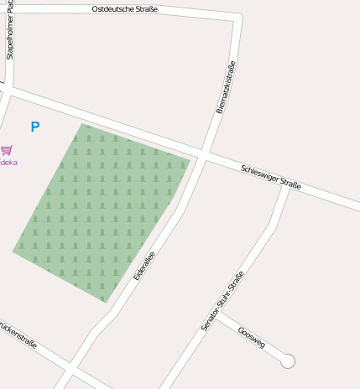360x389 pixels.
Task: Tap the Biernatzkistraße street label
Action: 225,87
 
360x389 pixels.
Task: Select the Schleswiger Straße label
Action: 270,177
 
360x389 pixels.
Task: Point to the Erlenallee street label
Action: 144,266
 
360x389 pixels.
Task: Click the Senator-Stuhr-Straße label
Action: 223,300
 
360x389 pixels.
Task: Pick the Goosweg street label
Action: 251,336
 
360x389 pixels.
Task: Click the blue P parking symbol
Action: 35,127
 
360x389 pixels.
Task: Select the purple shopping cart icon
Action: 7,150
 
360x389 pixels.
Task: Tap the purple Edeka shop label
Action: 8,163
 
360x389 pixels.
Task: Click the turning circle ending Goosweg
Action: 288,361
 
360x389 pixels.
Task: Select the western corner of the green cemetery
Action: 13,250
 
